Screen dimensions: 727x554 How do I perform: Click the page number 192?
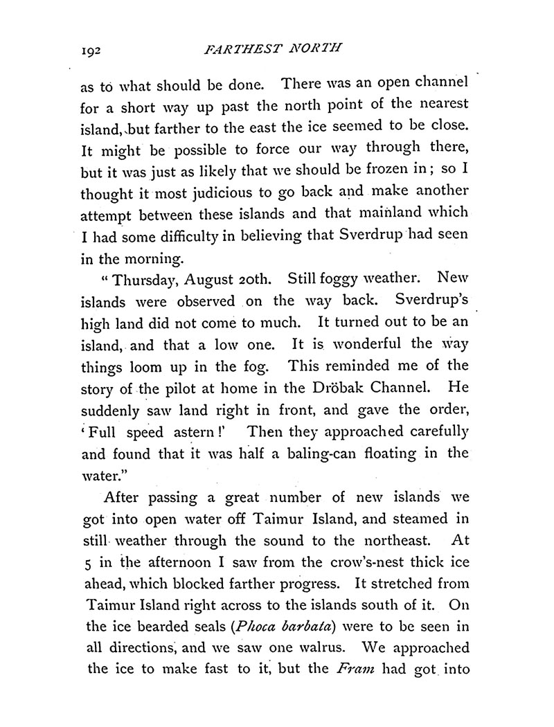[x=92, y=50]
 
